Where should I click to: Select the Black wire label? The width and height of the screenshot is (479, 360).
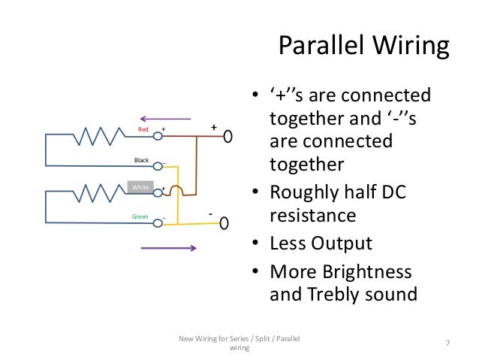pos(141,160)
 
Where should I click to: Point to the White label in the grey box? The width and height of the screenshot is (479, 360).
pos(140,186)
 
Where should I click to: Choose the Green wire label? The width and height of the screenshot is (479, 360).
pos(140,218)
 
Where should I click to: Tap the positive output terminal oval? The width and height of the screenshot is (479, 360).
pos(227,138)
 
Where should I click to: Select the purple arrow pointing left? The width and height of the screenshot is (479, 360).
pos(165,117)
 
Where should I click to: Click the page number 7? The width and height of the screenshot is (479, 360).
pos(447,343)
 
